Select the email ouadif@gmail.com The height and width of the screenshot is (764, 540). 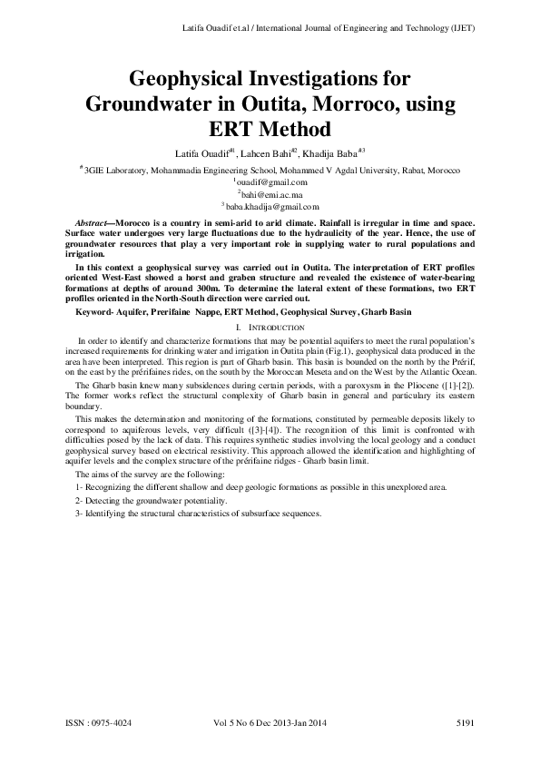271,181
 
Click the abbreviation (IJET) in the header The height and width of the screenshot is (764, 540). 461,28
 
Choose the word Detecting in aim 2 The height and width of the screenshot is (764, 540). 103,500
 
